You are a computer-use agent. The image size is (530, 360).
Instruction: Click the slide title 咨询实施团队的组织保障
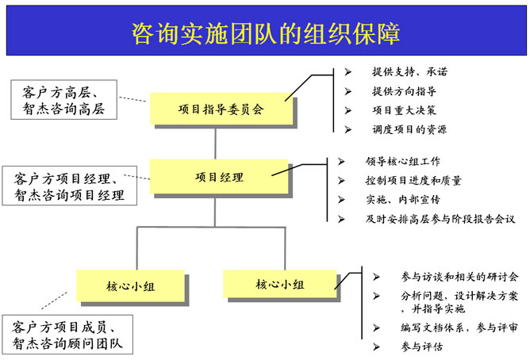[265, 33]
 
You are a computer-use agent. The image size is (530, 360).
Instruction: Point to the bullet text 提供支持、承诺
[409, 72]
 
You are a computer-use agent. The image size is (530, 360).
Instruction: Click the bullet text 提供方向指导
[404, 91]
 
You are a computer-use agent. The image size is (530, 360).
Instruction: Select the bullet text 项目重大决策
[404, 110]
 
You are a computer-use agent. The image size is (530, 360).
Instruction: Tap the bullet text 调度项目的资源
[409, 129]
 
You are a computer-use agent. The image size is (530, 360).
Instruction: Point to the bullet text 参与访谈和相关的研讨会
[449, 277]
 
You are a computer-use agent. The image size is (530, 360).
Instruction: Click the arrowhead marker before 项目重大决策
[348, 110]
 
